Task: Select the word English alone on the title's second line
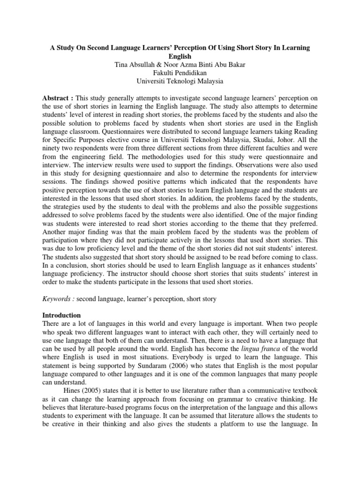[180, 56]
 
